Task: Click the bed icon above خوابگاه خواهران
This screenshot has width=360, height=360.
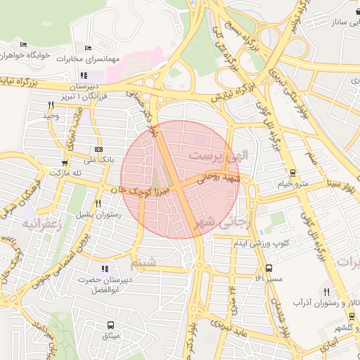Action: (23, 44)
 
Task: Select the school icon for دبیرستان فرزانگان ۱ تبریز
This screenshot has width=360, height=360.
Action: (84, 75)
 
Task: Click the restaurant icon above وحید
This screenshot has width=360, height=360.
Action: (51, 105)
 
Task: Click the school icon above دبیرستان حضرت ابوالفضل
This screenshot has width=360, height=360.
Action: (105, 269)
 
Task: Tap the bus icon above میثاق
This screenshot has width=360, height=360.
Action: (111, 325)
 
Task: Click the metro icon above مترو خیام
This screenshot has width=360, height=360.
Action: (292, 173)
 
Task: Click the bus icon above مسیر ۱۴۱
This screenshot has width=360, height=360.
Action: (269, 268)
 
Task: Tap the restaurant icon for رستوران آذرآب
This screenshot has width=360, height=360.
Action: (327, 292)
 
